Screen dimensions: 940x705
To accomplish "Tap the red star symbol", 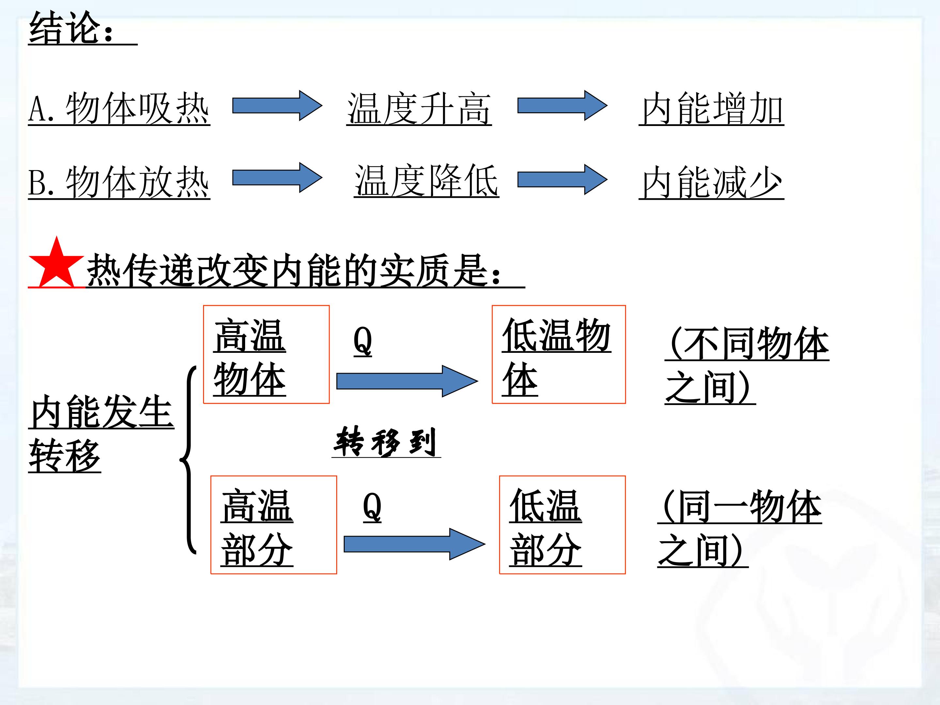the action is tap(56, 263).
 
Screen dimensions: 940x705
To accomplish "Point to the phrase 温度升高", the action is tap(419, 108).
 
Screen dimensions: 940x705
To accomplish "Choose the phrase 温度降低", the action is tap(426, 180).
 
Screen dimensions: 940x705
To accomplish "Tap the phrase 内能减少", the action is tap(712, 182).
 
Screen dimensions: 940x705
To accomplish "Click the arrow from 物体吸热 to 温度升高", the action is tap(277, 105).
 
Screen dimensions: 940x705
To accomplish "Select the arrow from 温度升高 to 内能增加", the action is tap(562, 105).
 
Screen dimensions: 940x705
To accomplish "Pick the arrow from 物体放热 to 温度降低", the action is tap(277, 178).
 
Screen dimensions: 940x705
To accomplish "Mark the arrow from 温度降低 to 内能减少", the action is tap(562, 179).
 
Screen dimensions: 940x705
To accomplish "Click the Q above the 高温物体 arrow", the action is tap(363, 341).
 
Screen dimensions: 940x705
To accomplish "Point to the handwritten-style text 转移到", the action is tap(386, 442).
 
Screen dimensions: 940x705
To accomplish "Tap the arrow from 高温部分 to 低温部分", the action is tap(414, 544).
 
